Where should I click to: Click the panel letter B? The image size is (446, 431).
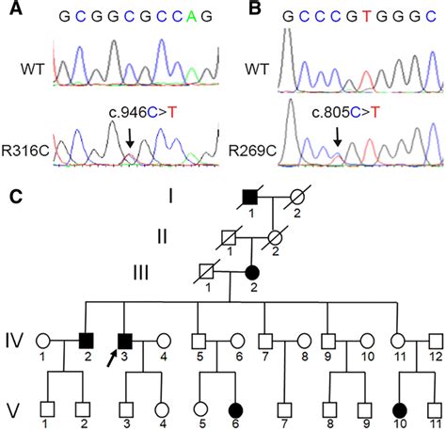click(234, 8)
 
